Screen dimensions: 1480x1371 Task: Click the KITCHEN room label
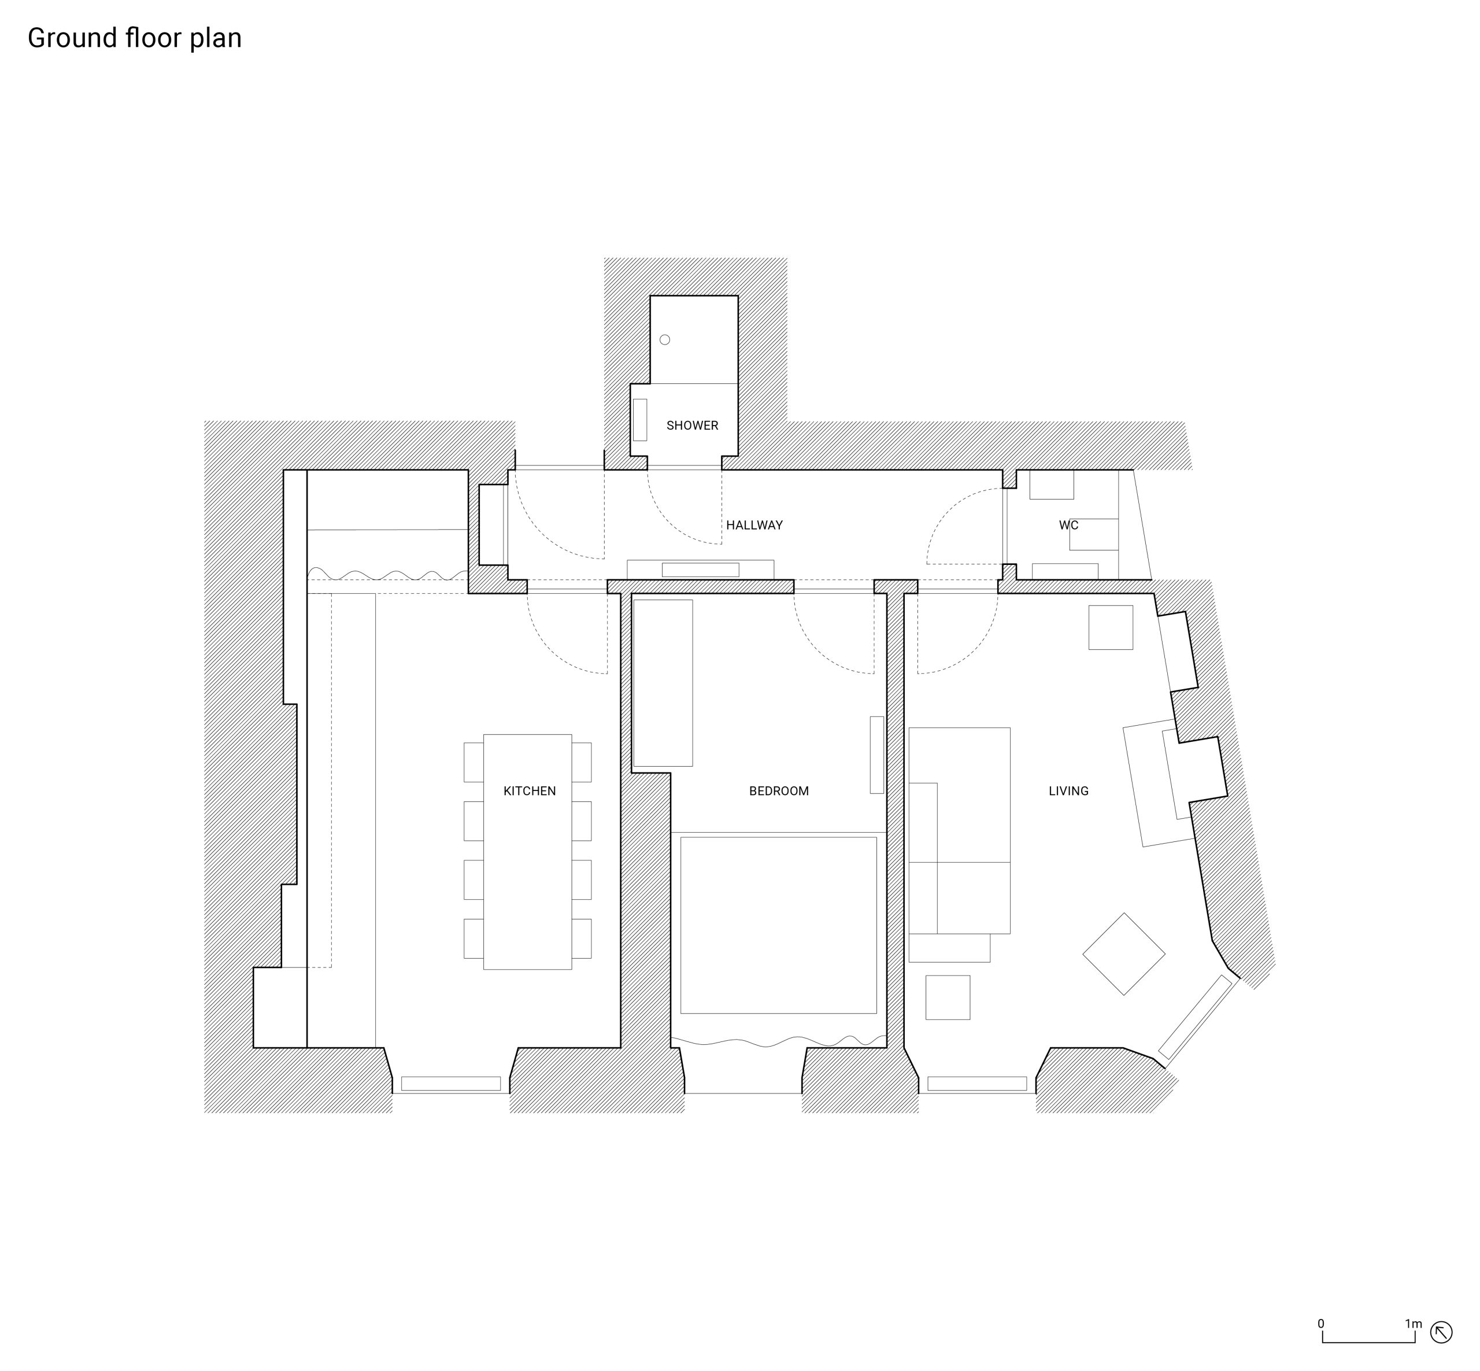(x=529, y=791)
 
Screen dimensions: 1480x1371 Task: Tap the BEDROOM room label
(x=778, y=791)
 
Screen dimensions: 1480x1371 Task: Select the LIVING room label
(x=1068, y=791)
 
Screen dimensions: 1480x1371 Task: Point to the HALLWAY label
(x=754, y=525)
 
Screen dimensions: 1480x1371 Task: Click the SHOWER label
(x=692, y=426)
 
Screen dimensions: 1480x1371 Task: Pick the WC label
(x=1068, y=525)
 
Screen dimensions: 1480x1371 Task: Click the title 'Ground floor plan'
(x=134, y=38)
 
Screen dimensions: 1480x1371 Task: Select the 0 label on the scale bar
(x=1320, y=1324)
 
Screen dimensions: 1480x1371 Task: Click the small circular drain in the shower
(x=665, y=340)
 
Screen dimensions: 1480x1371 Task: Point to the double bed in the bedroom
(x=778, y=925)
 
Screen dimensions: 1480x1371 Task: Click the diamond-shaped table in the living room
(x=1124, y=954)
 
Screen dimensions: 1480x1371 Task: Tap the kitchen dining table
(x=527, y=852)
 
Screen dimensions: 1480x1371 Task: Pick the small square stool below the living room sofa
(x=948, y=997)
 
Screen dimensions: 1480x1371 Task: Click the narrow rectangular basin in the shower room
(x=639, y=420)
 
